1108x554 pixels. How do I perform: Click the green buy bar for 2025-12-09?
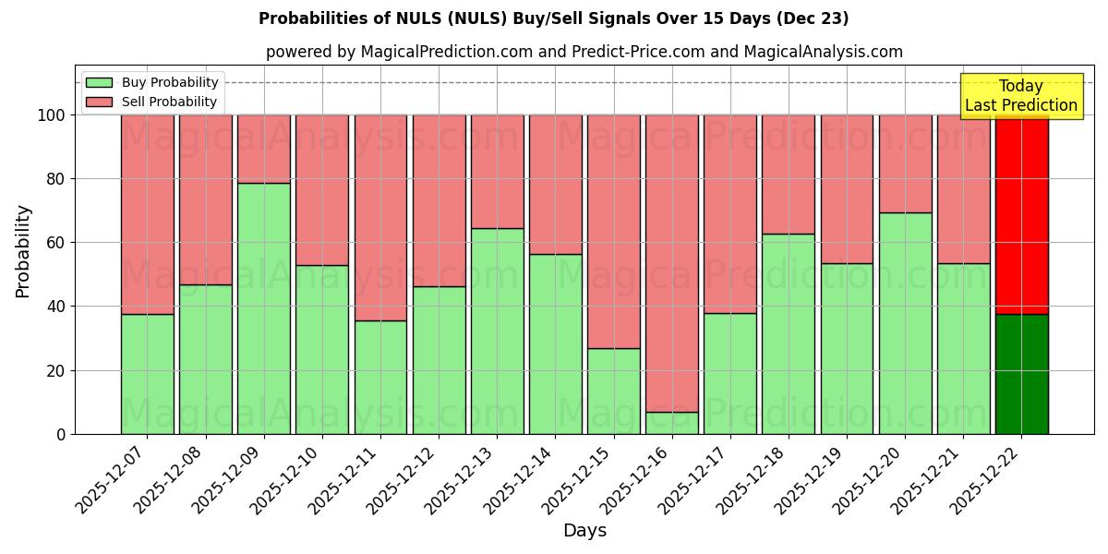pos(264,308)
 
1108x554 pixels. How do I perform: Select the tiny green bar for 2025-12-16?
pos(672,423)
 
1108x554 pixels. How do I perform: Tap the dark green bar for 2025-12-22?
pos(1021,374)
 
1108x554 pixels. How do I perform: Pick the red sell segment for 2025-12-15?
pos(614,231)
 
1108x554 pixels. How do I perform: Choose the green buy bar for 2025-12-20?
pos(905,323)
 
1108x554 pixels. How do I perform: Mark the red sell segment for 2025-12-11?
pos(380,217)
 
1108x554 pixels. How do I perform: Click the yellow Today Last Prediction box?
pos(1020,96)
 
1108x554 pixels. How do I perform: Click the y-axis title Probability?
pos(23,251)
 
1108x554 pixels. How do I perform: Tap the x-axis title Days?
pos(584,531)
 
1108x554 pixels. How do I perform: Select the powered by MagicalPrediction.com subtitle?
pos(584,52)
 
